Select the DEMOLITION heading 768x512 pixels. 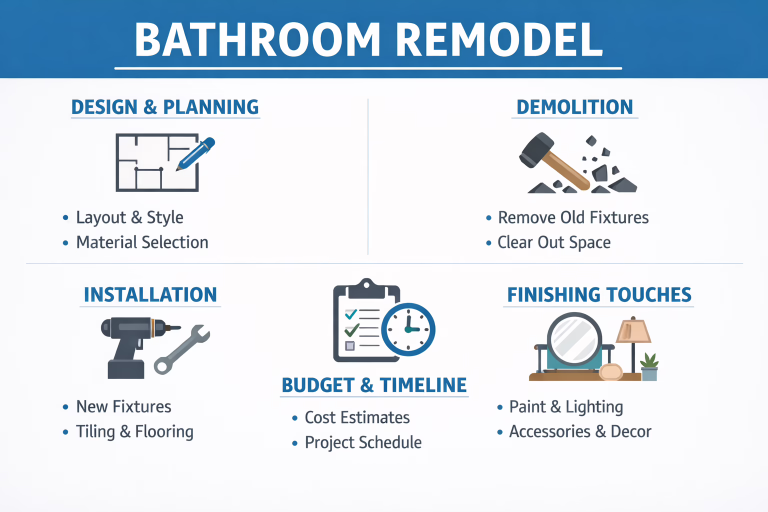point(574,107)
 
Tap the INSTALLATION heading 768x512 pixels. point(150,294)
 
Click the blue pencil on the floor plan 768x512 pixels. point(196,153)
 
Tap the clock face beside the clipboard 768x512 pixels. point(408,329)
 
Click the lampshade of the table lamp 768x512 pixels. point(633,331)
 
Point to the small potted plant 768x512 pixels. point(649,367)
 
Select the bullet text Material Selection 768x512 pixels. point(142,242)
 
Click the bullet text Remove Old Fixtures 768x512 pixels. point(573,217)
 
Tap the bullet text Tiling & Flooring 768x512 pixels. point(134,431)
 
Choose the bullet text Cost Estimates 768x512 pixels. point(357,417)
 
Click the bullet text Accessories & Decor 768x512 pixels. point(580,431)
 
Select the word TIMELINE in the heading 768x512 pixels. point(423,385)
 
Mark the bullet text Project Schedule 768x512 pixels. point(363,442)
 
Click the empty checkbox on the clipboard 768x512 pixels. point(350,345)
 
